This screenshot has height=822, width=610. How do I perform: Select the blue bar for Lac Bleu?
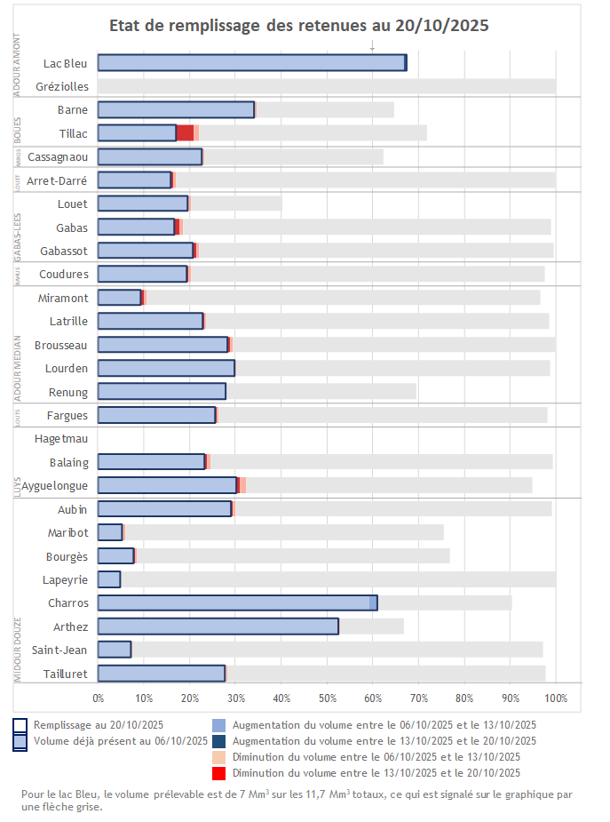[250, 62]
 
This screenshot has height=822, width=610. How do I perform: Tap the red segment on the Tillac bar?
[185, 133]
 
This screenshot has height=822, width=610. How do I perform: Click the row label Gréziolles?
[62, 86]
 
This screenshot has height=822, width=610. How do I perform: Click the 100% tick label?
[555, 698]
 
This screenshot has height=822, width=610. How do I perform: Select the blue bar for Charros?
[235, 603]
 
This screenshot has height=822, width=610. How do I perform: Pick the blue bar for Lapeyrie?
[109, 579]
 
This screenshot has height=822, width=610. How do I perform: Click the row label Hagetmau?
[61, 438]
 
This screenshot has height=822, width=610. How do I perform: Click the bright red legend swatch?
[219, 773]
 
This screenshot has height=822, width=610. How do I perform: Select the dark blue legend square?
[219, 741]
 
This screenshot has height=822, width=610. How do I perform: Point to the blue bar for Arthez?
[218, 626]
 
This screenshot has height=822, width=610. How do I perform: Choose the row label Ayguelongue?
[54, 485]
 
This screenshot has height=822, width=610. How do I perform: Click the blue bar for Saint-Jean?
[115, 650]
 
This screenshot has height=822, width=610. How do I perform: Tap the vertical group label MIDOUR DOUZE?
[18, 650]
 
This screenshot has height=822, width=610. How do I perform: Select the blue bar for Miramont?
[119, 298]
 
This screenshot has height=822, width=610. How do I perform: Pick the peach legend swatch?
[219, 757]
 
